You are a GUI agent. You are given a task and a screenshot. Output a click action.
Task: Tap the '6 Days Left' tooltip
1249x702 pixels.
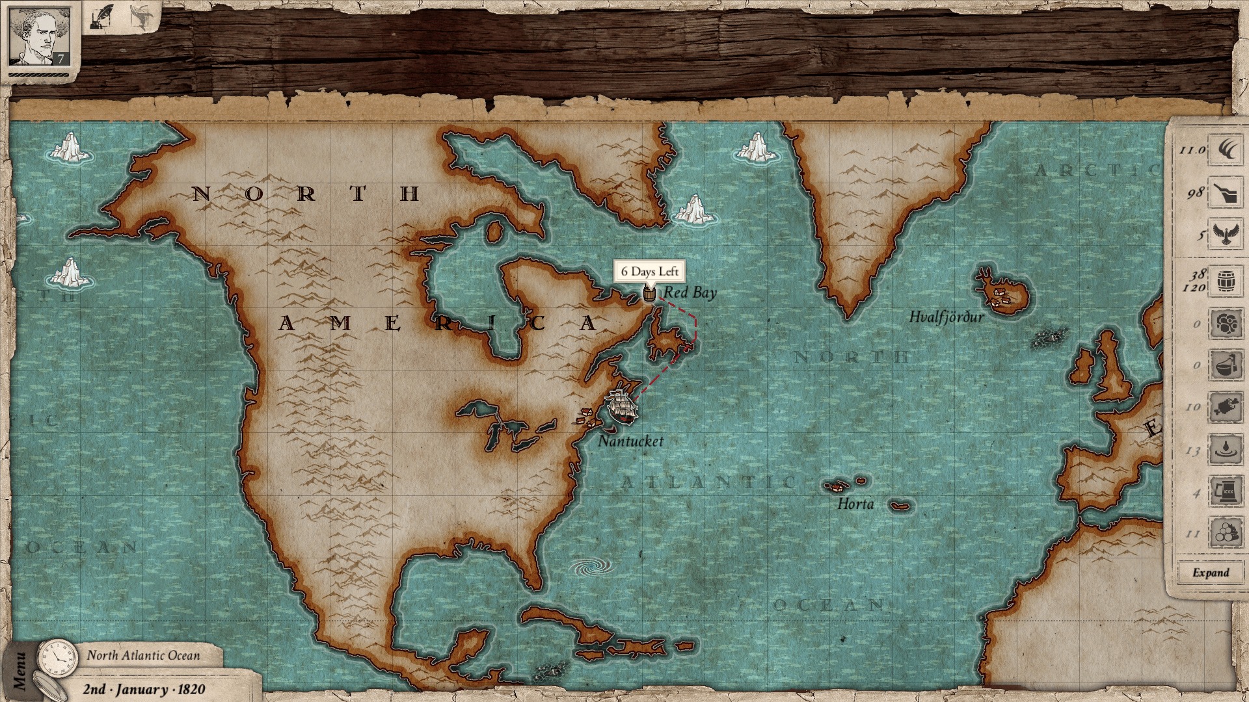(x=649, y=272)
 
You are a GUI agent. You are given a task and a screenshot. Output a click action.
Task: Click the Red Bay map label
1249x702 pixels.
(x=690, y=293)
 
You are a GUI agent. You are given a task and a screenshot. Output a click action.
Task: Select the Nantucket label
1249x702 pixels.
(x=630, y=441)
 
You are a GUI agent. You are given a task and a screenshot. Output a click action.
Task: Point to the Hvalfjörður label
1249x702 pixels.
(x=946, y=317)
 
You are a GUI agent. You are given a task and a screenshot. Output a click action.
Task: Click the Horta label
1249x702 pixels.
(x=855, y=504)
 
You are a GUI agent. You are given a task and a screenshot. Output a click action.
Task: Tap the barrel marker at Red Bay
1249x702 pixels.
(x=649, y=294)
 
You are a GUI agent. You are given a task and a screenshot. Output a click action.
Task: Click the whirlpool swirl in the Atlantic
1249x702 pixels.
(x=591, y=567)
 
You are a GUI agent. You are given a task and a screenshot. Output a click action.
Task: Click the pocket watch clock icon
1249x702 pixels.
(x=58, y=658)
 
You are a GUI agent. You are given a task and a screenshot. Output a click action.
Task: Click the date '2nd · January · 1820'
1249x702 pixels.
(x=144, y=690)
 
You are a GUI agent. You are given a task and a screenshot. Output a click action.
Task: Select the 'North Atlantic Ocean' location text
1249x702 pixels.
(x=144, y=655)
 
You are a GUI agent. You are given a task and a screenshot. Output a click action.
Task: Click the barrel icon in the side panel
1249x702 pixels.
(x=1226, y=281)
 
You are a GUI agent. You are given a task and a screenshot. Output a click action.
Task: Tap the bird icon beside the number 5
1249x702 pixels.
(x=1226, y=235)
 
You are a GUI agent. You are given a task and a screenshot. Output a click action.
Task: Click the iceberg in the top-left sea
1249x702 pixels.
(x=70, y=148)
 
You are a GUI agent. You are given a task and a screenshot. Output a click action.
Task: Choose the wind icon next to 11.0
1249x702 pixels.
(x=1226, y=150)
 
